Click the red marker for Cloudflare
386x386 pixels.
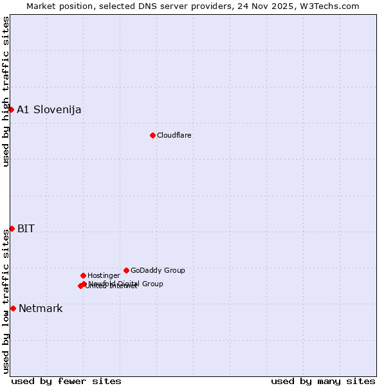152,135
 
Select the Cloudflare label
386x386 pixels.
174,135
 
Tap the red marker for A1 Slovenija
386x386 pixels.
11,109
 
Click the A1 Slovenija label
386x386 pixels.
49,109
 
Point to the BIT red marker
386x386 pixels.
12,228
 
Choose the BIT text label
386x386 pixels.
26,228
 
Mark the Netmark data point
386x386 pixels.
13,308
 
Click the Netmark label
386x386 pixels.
41,308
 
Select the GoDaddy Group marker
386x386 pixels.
126,270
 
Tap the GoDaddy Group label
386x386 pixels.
158,270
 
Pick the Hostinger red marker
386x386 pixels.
83,275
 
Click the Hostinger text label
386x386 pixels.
104,275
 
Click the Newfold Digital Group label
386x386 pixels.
126,284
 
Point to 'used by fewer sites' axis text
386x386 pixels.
66,381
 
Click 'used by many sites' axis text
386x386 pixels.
323,381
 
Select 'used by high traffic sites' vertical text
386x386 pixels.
6,91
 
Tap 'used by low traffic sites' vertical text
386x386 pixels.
6,301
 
